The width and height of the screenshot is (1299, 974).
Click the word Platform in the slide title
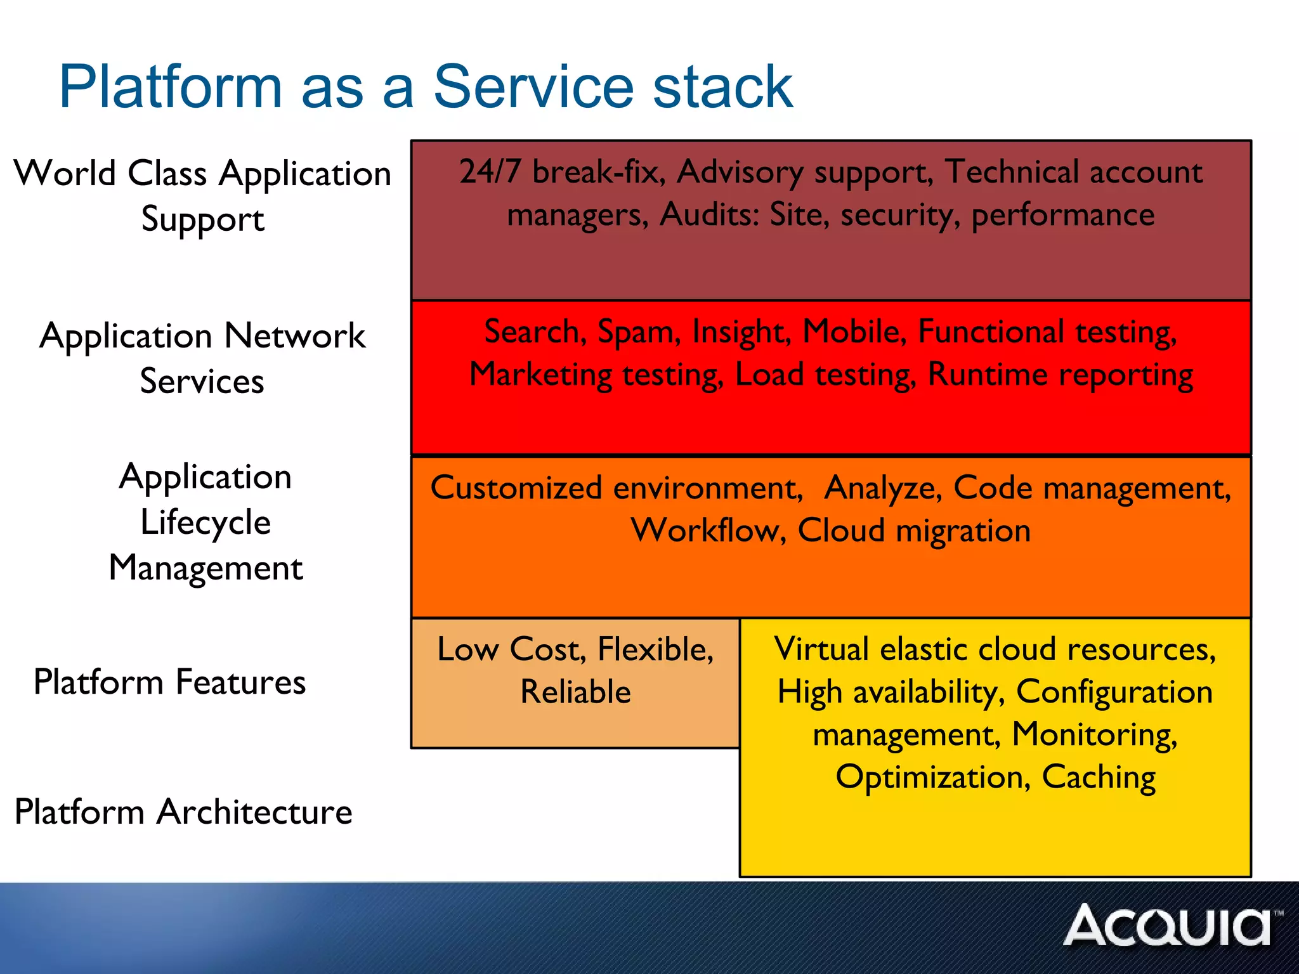tap(170, 87)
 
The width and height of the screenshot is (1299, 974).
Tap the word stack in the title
tap(722, 87)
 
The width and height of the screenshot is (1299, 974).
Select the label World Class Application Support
tap(202, 196)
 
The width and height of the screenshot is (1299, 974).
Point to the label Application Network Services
tap(202, 358)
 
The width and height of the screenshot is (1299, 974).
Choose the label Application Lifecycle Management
tap(205, 521)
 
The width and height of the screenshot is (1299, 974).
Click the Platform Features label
tap(169, 682)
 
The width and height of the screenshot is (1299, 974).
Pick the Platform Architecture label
tap(183, 812)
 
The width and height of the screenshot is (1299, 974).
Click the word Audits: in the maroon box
tap(709, 215)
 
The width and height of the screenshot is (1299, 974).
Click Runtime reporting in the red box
tap(1060, 374)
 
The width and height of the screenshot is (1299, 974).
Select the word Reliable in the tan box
tap(575, 692)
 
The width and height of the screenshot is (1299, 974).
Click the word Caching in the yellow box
tap(1099, 777)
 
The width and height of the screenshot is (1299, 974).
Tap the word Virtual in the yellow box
tap(821, 649)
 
